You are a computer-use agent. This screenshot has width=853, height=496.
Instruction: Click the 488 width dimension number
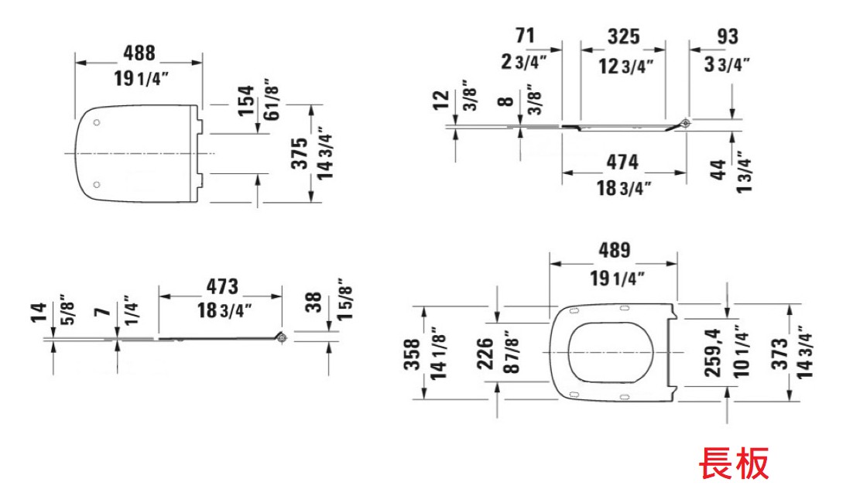pos(139,53)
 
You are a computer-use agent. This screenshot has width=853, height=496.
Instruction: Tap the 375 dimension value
pos(300,153)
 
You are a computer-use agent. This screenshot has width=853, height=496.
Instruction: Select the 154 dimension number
pos(246,100)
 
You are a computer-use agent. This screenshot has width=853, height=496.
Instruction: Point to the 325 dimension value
pos(623,36)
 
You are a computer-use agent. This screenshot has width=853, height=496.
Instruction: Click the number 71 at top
pos(525,36)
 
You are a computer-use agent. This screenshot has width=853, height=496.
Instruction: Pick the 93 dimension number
pos(728,36)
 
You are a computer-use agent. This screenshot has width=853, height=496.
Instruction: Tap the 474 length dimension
pos(622,162)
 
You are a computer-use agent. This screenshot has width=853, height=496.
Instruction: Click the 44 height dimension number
pos(718,169)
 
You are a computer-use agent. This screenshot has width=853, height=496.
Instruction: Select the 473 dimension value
pos(222,286)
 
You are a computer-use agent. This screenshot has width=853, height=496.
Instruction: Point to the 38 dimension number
pos(313,303)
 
